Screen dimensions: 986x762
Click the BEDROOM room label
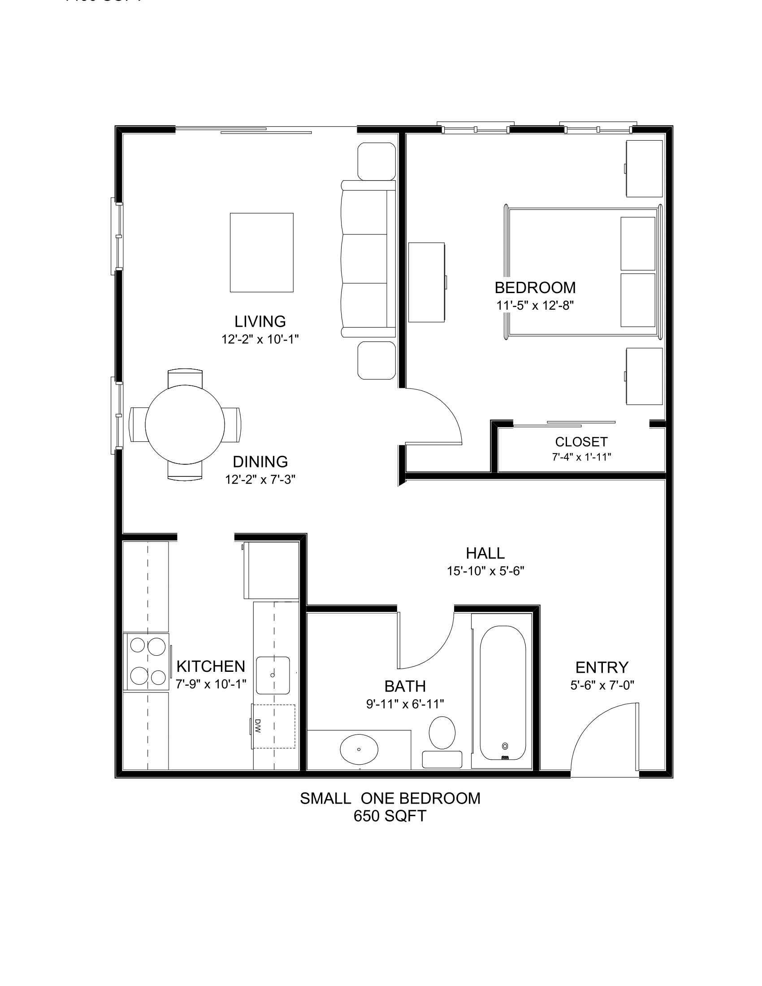click(535, 288)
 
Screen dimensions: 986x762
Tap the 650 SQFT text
click(390, 816)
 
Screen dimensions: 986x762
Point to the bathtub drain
click(505, 746)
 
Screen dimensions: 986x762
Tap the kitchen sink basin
click(273, 675)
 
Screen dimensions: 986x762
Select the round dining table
click(185, 425)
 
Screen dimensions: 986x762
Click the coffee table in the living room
click(261, 252)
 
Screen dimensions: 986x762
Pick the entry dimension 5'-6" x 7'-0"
click(602, 685)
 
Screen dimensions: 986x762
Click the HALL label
click(485, 553)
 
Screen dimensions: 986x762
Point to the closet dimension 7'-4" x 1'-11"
click(581, 457)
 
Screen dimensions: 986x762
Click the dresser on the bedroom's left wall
click(426, 282)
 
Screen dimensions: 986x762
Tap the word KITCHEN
click(211, 666)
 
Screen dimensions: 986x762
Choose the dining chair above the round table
click(185, 377)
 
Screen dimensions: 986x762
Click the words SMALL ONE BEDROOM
click(390, 798)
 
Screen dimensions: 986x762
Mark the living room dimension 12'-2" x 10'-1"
click(260, 339)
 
